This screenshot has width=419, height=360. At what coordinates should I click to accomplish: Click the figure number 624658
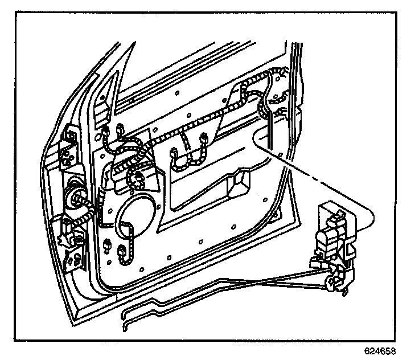click(380, 351)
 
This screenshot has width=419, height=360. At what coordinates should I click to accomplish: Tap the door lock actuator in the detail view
click(334, 241)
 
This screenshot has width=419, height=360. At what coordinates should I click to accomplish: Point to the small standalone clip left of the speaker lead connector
click(108, 245)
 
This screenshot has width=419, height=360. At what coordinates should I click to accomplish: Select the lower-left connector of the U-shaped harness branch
click(173, 154)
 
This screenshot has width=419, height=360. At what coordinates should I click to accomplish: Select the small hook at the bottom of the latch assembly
click(345, 292)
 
